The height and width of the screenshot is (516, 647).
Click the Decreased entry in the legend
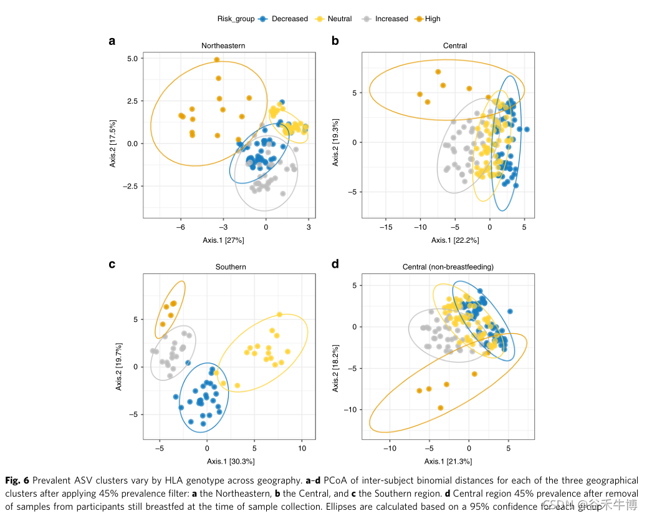pos(289,19)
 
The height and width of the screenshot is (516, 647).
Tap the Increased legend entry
pos(391,19)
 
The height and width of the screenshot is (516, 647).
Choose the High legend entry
pos(432,19)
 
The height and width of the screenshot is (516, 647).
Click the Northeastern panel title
pos(223,46)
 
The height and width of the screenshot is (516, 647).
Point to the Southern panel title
pos(231,267)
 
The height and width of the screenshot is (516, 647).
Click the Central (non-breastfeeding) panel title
pos(448,267)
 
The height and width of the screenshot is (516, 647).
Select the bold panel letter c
pos(112,264)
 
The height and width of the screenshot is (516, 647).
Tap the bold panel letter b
pos(335,41)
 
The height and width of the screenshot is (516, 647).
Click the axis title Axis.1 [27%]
pos(223,240)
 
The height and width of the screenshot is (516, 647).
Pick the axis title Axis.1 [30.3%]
pos(231,461)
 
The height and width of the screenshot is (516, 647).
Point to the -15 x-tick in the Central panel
pos(386,227)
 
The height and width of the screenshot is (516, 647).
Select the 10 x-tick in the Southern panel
pos(302,448)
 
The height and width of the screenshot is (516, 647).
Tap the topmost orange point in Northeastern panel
pos(217,60)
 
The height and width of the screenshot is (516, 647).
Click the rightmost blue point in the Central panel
pos(527,130)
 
